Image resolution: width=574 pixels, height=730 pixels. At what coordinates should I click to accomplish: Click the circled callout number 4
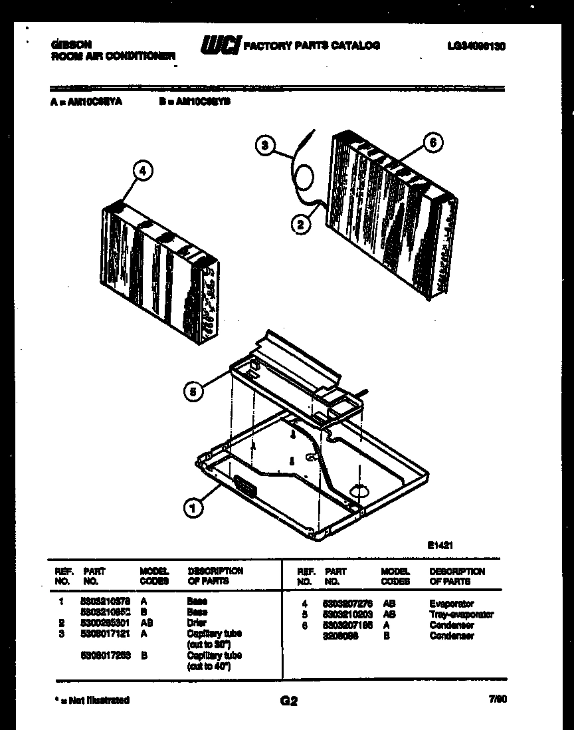[x=142, y=170]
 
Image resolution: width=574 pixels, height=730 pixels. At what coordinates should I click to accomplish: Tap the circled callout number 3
[x=266, y=145]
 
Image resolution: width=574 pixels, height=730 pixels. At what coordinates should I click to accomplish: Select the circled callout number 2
[x=301, y=225]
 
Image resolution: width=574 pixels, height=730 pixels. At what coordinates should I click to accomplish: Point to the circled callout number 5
[x=193, y=392]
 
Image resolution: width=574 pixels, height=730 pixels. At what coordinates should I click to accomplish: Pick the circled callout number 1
[x=193, y=509]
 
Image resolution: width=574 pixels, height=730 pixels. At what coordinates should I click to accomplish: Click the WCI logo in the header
[x=220, y=45]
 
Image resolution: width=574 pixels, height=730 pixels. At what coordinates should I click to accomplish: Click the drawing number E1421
[x=439, y=544]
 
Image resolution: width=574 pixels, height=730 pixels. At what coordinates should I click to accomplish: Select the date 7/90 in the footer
[x=496, y=699]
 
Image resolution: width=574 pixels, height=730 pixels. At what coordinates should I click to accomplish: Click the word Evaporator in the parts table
[x=451, y=604]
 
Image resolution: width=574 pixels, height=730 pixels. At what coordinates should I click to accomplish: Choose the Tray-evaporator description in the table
[x=461, y=614]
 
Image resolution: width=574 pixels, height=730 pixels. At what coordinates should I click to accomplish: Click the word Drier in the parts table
[x=197, y=623]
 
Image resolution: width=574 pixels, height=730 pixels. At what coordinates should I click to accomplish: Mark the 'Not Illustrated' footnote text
[x=91, y=700]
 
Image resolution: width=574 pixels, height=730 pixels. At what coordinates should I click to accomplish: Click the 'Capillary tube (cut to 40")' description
[x=209, y=660]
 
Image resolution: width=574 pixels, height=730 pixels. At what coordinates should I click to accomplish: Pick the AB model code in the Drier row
[x=147, y=623]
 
